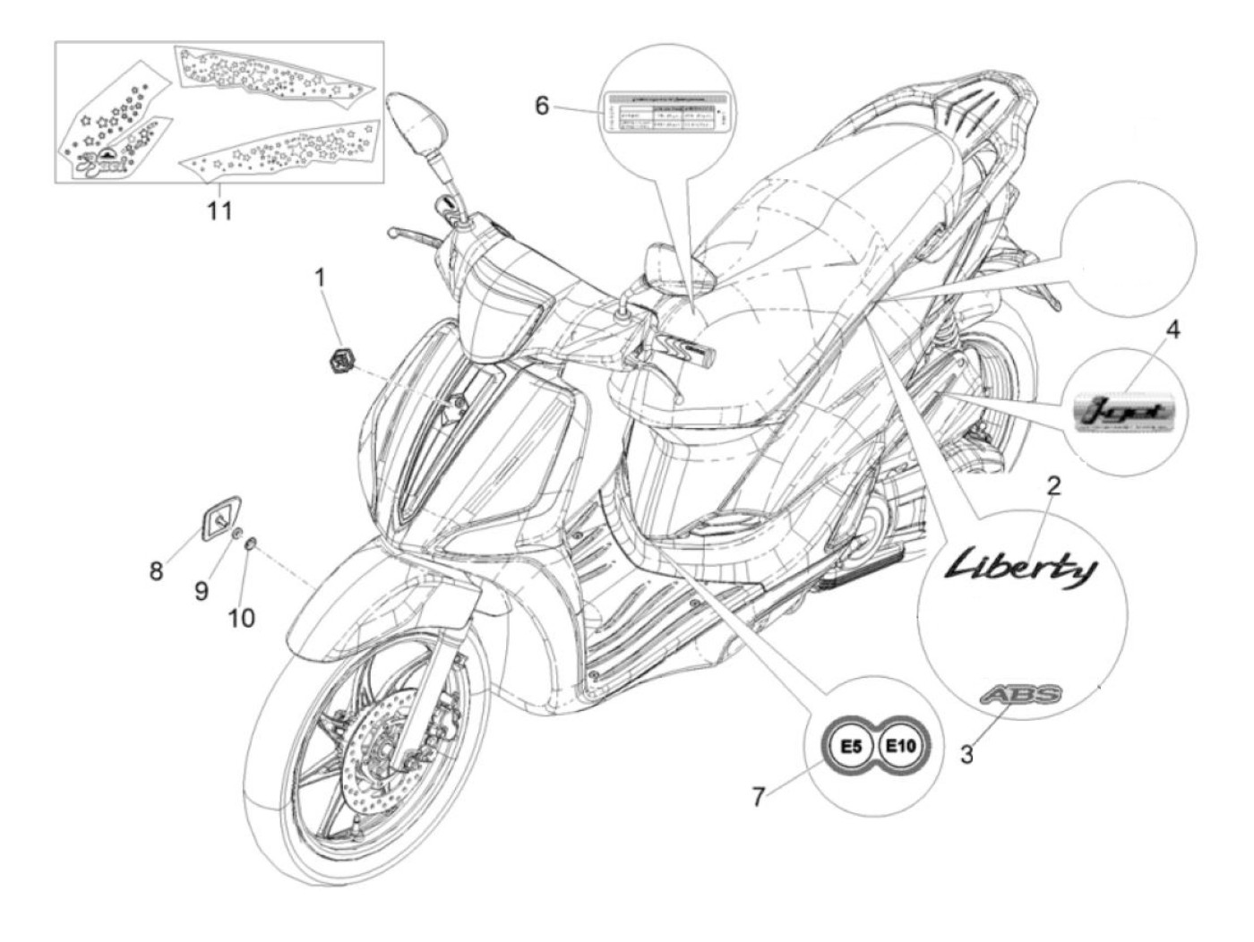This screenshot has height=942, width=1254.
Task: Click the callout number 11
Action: coord(219,211)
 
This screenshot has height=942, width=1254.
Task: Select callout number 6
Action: coord(542,106)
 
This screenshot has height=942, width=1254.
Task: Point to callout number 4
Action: coord(1172,330)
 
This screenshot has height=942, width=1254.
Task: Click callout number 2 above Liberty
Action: coord(1053,486)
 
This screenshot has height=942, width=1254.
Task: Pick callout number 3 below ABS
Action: coord(966,754)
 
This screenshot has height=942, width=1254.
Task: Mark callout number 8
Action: coord(157,570)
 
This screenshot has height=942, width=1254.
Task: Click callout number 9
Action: coord(201,590)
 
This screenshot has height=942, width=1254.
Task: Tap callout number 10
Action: coord(242,618)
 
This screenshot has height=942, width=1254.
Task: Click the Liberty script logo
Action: coord(1021,567)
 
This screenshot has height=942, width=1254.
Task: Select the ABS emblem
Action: coord(1020,695)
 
